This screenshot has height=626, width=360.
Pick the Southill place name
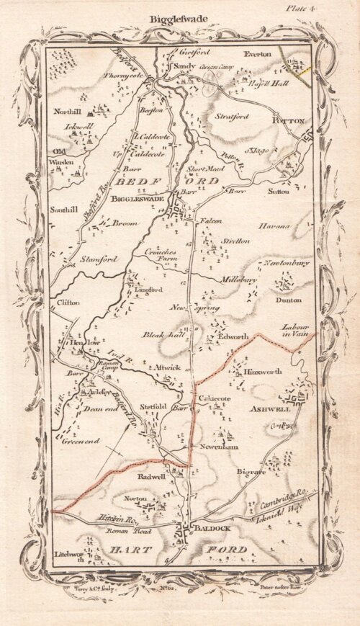pyautogui.click(x=63, y=211)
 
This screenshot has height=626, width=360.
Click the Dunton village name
pyautogui.click(x=287, y=300)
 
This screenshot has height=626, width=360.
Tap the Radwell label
pyautogui.click(x=151, y=476)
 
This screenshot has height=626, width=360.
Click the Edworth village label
pyautogui.click(x=232, y=336)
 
